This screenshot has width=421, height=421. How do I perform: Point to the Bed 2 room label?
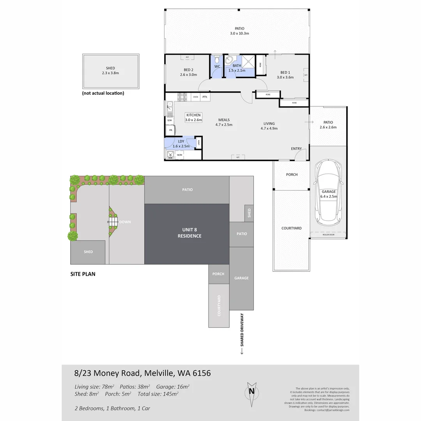[x=186, y=72]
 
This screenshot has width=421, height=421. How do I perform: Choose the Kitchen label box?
[x=193, y=117]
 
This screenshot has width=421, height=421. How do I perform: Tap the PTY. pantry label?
[x=205, y=97]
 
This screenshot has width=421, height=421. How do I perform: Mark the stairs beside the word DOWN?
[x=113, y=222]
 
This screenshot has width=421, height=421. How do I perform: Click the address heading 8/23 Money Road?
[x=142, y=373]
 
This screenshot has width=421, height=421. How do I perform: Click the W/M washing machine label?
[x=179, y=155]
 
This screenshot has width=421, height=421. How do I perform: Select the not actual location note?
[x=103, y=93]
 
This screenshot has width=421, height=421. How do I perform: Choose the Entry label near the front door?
[x=296, y=149]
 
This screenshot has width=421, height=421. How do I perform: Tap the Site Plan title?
[x=83, y=274]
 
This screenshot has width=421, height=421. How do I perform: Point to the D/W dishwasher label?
[x=170, y=120]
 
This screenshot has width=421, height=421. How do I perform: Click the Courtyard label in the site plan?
[x=219, y=306]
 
